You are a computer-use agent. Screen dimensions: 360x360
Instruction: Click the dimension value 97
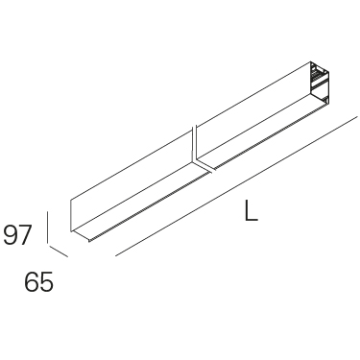[17, 234]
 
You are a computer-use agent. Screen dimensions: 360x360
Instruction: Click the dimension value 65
[38, 282]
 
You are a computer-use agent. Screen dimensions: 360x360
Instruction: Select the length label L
[251, 210]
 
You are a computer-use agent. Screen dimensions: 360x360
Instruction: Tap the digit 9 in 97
[11, 234]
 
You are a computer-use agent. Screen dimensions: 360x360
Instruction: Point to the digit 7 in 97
[26, 234]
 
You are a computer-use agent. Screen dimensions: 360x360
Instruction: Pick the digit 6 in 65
[32, 282]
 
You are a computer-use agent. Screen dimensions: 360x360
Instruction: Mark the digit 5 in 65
[46, 282]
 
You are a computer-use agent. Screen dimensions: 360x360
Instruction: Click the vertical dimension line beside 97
[47, 228]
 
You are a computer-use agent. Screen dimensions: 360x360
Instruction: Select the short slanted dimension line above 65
[58, 251]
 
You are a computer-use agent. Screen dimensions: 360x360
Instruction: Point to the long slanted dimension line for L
[236, 186]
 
